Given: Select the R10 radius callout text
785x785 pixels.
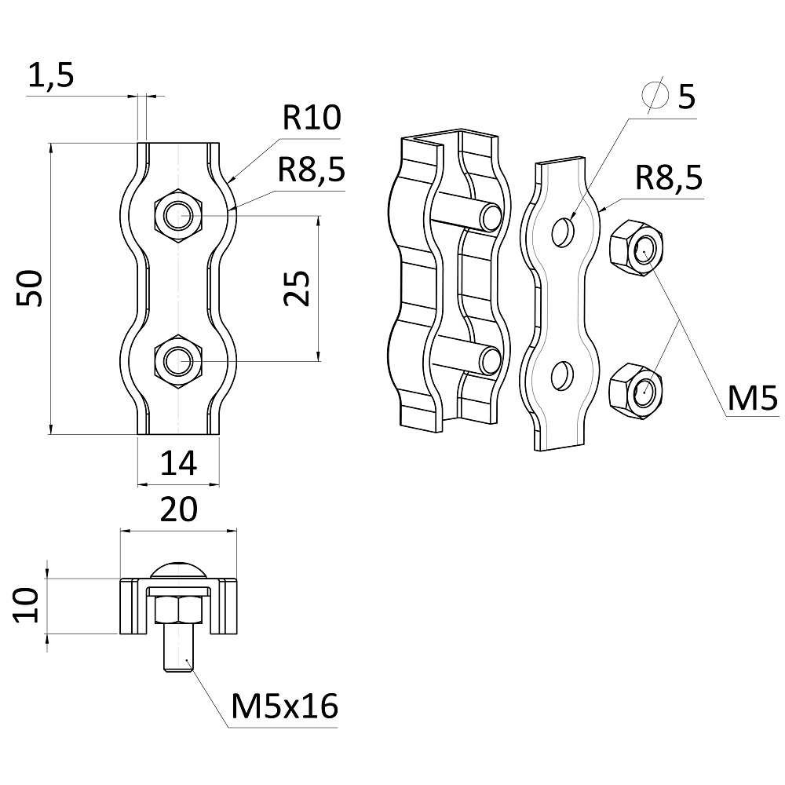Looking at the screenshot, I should click(x=311, y=119).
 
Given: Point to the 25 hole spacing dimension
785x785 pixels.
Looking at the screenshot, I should click(x=298, y=288).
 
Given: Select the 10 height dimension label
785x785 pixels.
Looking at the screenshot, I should click(x=28, y=605).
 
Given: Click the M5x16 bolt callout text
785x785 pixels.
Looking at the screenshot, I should click(x=285, y=707).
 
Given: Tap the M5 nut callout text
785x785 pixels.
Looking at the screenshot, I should click(x=751, y=399).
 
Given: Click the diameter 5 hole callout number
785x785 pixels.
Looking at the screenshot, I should click(x=685, y=97).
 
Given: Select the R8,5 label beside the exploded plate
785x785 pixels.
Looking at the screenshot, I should click(x=669, y=178).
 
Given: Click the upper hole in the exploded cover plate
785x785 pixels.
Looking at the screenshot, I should click(x=563, y=232).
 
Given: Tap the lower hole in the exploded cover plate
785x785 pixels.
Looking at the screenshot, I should click(x=563, y=375).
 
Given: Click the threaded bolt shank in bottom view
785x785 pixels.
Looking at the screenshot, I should click(x=178, y=648).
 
